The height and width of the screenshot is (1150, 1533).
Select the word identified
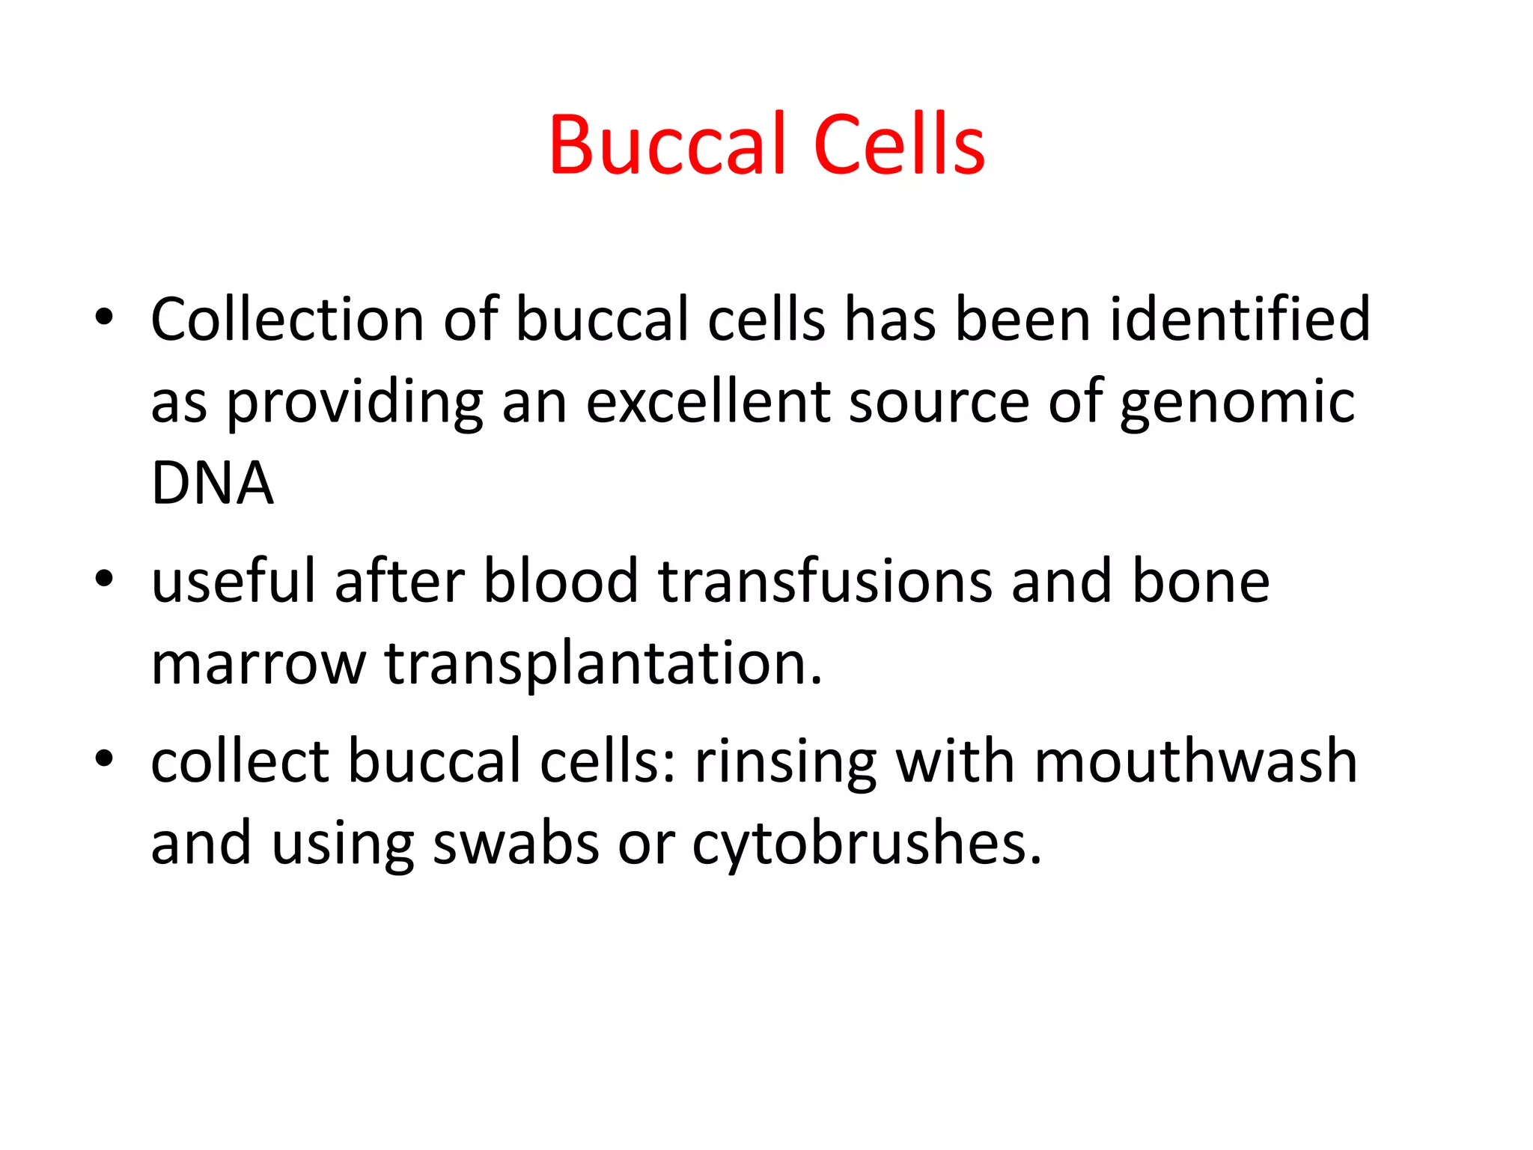pos(1240,320)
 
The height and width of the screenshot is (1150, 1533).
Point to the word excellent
pos(708,402)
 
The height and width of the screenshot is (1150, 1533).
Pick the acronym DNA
pos(212,484)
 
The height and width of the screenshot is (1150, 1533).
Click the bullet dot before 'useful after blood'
pos(104,578)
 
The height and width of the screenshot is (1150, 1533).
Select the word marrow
pos(258,665)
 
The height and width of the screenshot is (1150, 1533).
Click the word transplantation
pos(603,665)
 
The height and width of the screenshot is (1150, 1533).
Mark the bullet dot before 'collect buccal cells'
pos(104,758)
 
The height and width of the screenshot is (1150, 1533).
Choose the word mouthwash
pos(1195,761)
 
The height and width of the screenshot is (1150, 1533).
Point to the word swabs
pos(516,844)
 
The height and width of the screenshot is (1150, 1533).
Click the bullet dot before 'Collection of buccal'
pos(104,317)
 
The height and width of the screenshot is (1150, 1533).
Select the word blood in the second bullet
pos(561,582)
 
